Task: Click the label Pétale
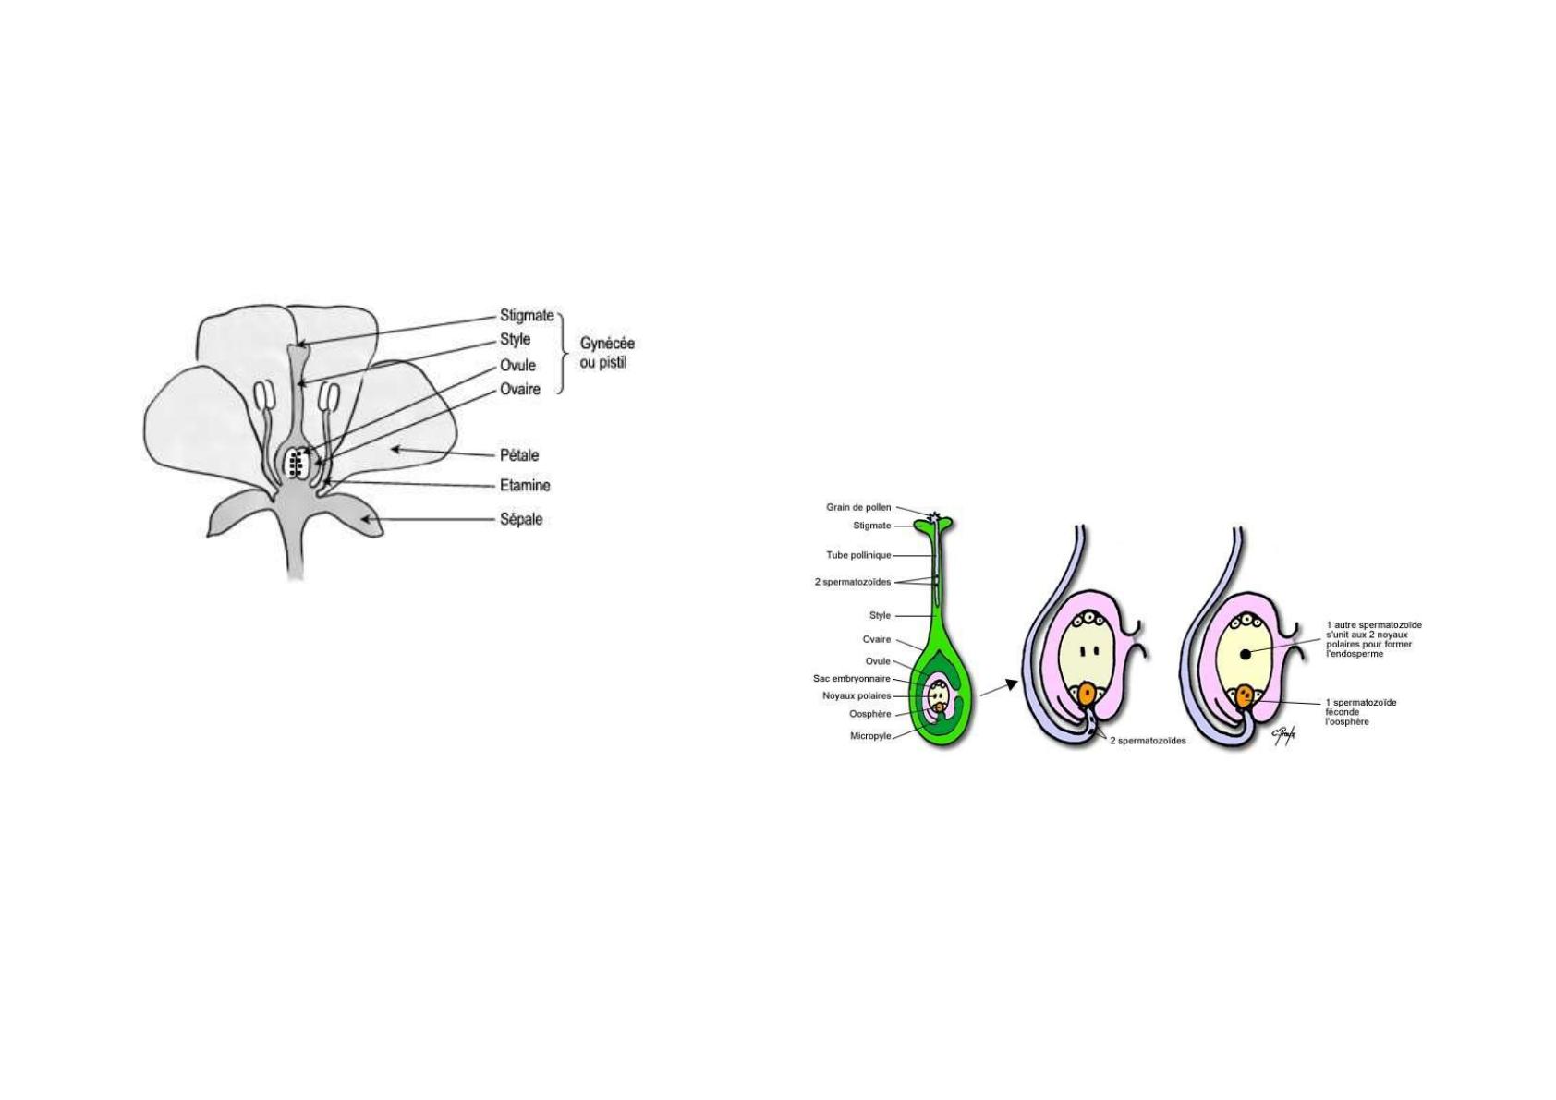(x=519, y=455)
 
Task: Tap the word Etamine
(x=525, y=486)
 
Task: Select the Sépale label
(x=521, y=519)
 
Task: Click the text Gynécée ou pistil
(x=607, y=353)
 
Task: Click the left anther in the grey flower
(x=265, y=396)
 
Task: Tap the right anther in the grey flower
(x=328, y=396)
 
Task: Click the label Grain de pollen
(x=857, y=508)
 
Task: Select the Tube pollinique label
(x=857, y=556)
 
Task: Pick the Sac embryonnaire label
(x=852, y=679)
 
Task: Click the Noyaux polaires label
(x=857, y=695)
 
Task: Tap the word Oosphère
(x=869, y=714)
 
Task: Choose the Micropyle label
(x=870, y=736)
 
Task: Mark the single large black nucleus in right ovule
(x=1246, y=654)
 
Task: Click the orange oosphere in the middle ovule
(x=1088, y=694)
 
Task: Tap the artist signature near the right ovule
(x=1283, y=735)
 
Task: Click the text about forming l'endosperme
(x=1373, y=639)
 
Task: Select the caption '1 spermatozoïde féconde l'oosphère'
(x=1361, y=712)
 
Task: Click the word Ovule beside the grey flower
(x=517, y=365)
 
